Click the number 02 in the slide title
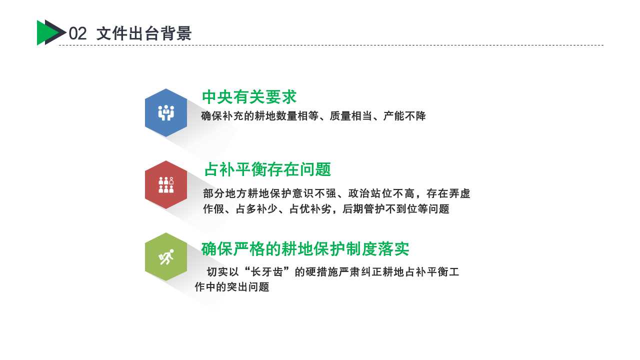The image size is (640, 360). [77, 33]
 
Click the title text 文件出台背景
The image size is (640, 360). [144, 33]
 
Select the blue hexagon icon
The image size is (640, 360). [166, 112]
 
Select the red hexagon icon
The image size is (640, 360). [166, 184]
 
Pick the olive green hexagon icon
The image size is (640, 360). [166, 256]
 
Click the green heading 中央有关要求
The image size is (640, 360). [249, 97]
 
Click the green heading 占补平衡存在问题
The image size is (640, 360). [267, 169]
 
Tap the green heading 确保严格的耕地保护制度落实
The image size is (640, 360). [305, 249]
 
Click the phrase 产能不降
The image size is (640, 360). [404, 116]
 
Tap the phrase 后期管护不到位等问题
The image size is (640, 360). [395, 209]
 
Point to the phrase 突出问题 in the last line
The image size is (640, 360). [248, 287]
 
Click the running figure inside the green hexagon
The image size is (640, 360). [166, 257]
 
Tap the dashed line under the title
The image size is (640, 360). [331, 45]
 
